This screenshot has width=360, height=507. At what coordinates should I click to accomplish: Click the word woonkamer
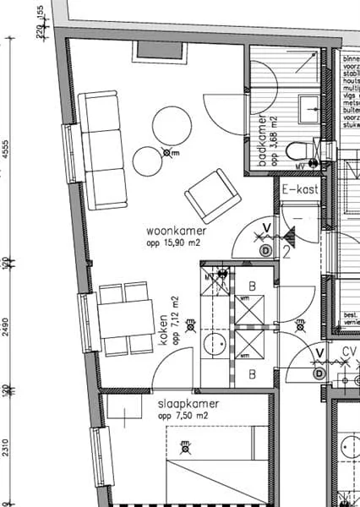coord(173,230)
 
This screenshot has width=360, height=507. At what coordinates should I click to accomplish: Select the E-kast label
coord(300,190)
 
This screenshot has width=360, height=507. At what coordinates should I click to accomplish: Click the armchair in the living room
coord(207,195)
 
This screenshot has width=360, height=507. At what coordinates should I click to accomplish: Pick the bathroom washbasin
coord(309,105)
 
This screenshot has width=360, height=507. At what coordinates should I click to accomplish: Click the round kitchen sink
coord(215,345)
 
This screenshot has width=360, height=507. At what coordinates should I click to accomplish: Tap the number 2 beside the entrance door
coord(288,249)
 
